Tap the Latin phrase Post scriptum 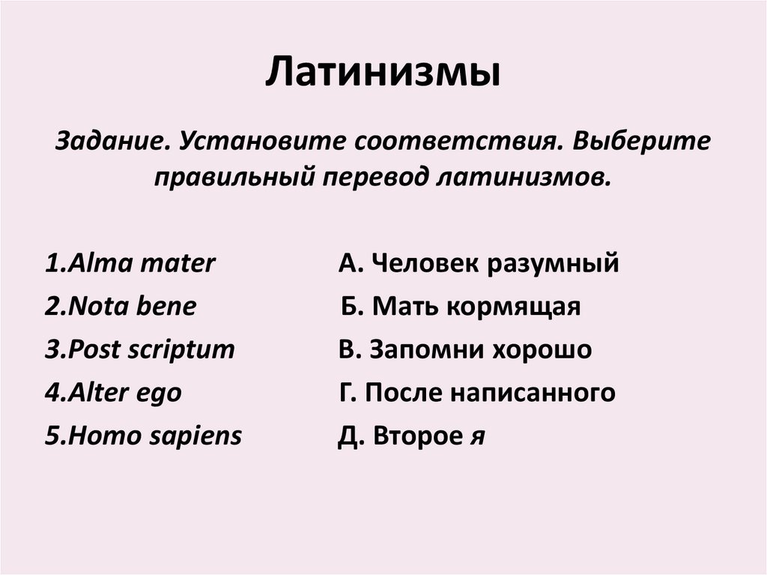(139, 349)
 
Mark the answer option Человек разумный (479, 263)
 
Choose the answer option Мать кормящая (461, 306)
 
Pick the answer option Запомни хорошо (464, 349)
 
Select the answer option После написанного (477, 393)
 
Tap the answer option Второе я (411, 436)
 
